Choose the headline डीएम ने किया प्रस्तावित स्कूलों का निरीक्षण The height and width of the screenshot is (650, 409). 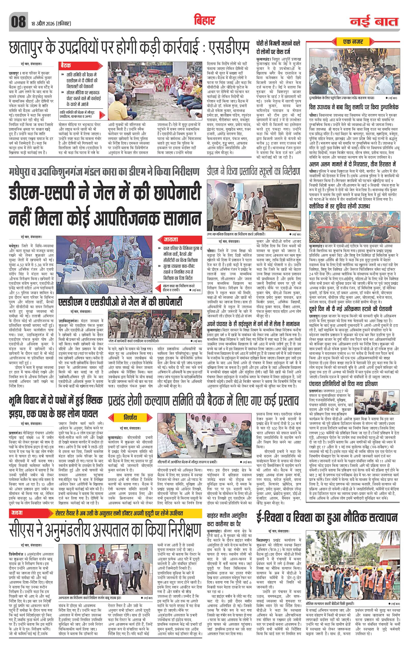(x=253, y=171)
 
